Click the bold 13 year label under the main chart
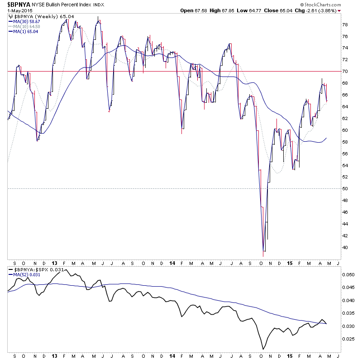pyautogui.click(x=54, y=264)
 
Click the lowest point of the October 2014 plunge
pyautogui.click(x=263, y=250)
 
